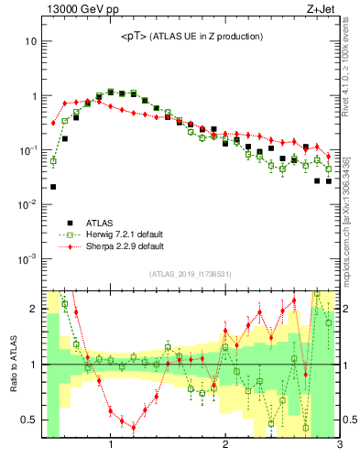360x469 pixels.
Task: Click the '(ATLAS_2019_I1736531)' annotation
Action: (191, 274)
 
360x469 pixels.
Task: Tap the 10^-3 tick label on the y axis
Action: (27, 258)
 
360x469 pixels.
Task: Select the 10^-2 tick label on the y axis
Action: (27, 204)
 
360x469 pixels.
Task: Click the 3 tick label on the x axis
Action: (339, 446)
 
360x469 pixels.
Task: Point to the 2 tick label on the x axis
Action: (225, 446)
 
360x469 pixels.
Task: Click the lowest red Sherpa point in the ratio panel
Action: (134, 428)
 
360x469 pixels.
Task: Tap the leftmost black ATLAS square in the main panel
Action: (53, 187)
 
